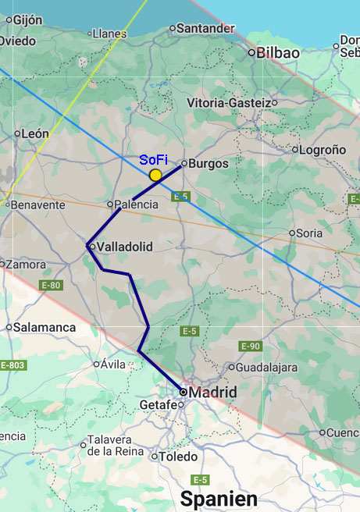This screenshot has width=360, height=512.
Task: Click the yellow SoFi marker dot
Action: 155,175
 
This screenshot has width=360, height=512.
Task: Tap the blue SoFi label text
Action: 153,160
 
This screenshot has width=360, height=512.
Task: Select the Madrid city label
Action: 212,392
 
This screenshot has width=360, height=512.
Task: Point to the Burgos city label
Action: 209,164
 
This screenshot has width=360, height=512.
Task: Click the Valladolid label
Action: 124,247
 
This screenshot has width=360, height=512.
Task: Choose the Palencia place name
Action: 137,204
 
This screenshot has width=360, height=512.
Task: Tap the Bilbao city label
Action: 278,53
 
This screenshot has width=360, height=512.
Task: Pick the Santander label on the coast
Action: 205,28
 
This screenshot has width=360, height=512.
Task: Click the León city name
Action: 35,134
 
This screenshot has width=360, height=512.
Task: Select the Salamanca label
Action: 45,328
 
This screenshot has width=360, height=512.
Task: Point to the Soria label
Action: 309,233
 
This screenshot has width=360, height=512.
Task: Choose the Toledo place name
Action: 178,457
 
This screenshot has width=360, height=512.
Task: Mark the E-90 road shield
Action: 250,346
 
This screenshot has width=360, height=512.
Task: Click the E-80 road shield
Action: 51,286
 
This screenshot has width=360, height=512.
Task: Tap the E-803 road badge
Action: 12,365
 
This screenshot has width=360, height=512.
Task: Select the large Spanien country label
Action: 219,499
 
